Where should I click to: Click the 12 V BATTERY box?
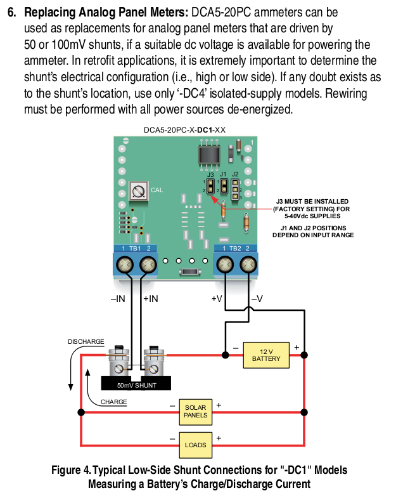(x=266, y=355)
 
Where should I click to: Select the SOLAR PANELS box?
(x=195, y=412)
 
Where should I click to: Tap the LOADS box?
(x=195, y=445)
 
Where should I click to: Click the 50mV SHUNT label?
(x=137, y=385)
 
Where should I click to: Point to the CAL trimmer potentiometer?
(x=139, y=191)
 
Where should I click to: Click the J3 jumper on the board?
(x=210, y=186)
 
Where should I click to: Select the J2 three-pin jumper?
(x=235, y=190)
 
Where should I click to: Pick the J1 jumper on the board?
(x=224, y=186)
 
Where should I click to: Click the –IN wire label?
(x=118, y=299)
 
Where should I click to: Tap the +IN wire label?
(x=150, y=299)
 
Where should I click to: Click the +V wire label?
(x=217, y=299)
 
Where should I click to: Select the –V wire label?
(x=257, y=299)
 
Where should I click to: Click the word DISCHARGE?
(x=86, y=341)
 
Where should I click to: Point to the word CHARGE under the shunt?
(x=113, y=402)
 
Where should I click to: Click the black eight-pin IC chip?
(x=209, y=155)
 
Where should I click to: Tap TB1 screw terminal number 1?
(x=125, y=265)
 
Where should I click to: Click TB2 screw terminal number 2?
(x=248, y=265)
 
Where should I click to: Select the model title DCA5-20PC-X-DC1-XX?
(x=184, y=130)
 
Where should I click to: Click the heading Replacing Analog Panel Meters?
(x=106, y=13)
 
